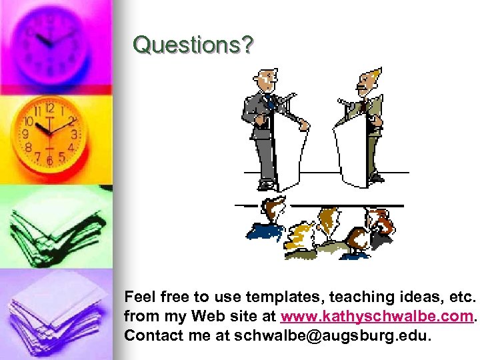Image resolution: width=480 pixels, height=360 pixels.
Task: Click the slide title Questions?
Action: [193, 45]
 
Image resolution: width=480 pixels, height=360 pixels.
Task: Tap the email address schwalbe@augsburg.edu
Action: [333, 335]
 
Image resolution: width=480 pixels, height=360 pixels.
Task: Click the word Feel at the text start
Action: [140, 296]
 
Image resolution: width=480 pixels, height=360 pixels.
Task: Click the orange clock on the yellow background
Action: [50, 133]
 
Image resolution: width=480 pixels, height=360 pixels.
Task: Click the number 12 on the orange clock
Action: [49, 108]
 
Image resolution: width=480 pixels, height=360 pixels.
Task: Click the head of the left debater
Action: [267, 79]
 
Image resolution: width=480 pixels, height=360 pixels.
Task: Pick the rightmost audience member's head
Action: [378, 219]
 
